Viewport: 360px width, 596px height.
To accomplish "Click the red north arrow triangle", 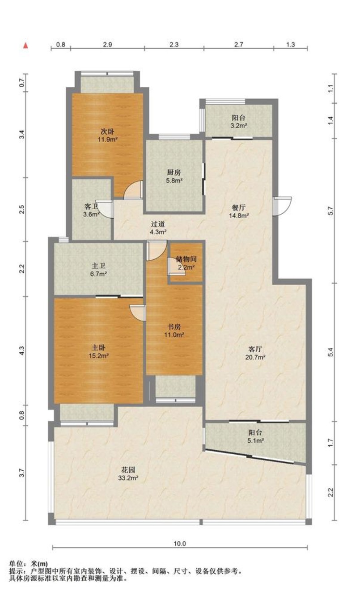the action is click(25, 46).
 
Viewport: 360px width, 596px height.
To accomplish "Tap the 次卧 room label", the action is click(107, 131).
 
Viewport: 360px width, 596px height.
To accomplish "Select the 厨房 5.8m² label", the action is click(174, 177).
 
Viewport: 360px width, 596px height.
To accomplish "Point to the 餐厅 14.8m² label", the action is click(239, 211).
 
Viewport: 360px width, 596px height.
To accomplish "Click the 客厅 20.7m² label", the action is click(255, 353).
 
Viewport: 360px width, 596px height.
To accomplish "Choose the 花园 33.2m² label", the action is click(128, 473).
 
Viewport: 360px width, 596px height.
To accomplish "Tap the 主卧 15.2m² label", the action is click(98, 351).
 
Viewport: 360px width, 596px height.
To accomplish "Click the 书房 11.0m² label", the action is click(174, 330).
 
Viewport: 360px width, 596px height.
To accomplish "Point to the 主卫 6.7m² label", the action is click(98, 270).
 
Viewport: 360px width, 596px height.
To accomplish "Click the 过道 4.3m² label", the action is click(158, 228).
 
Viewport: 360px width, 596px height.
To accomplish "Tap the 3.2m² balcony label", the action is click(238, 125).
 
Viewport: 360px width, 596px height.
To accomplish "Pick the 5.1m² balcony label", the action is click(255, 440).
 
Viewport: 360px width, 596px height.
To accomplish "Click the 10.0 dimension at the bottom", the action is click(180, 543).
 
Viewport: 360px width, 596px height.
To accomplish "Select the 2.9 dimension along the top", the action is click(107, 44).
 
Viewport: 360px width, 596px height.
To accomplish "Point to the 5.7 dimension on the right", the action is click(330, 211).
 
